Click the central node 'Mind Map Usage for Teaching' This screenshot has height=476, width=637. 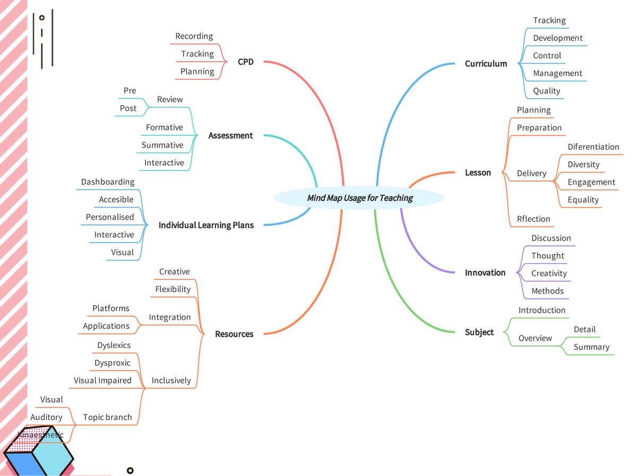coord(359,198)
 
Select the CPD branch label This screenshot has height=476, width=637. coord(246,62)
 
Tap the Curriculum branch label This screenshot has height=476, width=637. coord(486,64)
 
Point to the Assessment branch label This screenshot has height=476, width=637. coord(230,136)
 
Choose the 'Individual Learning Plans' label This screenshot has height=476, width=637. coord(206,226)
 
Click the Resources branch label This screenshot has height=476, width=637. coord(234,334)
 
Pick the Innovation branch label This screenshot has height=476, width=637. coord(485,273)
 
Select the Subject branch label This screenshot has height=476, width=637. coord(479,333)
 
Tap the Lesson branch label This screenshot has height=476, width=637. coord(478,173)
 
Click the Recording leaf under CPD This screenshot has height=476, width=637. coord(194,37)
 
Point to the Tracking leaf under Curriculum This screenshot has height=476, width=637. coord(549,21)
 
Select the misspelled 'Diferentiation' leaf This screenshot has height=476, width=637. coord(593,147)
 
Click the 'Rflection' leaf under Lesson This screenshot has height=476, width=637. coord(533,219)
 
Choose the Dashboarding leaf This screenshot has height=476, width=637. coord(108,182)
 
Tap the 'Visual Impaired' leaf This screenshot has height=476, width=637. coord(102,380)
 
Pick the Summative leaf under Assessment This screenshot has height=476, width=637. coord(162,145)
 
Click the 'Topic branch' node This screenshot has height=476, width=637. coord(107,418)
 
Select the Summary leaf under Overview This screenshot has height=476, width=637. coord(591,348)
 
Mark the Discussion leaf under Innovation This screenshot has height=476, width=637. coord(551,238)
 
